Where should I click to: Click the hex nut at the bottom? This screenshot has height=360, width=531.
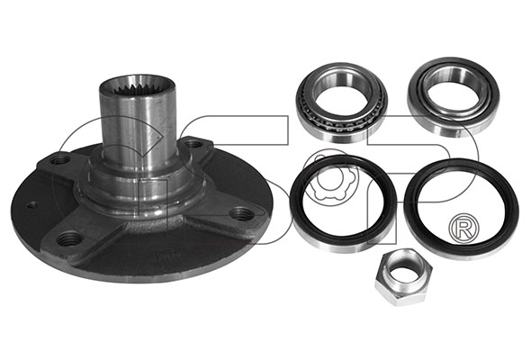(403, 276)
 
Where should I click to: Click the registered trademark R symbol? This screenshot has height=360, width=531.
(463, 229)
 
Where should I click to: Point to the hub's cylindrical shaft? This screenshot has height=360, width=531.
(138, 125)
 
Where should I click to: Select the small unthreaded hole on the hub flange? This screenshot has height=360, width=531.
(32, 205)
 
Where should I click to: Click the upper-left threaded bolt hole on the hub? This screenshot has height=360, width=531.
(60, 159)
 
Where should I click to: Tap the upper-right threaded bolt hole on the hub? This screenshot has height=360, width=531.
(193, 144)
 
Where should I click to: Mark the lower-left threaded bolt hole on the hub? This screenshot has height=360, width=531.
(69, 239)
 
